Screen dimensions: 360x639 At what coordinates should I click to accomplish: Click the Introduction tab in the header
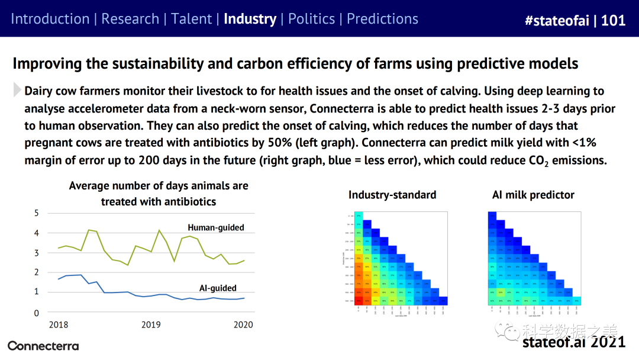[50, 19]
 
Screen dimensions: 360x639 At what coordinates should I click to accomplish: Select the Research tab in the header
[130, 19]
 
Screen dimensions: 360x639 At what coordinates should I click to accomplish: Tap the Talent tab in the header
[191, 19]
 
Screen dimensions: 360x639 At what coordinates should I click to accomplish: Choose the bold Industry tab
[250, 19]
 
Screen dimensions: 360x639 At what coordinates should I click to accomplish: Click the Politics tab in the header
[311, 19]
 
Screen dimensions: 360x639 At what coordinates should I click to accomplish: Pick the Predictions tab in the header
[382, 19]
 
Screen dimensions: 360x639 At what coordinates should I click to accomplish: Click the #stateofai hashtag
[558, 20]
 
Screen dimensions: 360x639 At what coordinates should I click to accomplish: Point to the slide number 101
[613, 20]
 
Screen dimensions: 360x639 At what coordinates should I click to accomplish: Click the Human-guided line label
[216, 227]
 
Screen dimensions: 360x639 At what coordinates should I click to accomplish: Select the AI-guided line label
[218, 288]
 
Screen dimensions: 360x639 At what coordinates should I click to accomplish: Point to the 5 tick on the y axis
[36, 213]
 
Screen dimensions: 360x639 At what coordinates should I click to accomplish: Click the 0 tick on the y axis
[36, 313]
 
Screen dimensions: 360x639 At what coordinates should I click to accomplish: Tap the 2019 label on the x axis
[151, 324]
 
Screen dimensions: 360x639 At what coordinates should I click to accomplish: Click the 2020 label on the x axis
[243, 324]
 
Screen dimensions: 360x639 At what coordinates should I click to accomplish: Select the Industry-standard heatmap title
[392, 195]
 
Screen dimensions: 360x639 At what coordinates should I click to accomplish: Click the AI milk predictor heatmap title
[533, 195]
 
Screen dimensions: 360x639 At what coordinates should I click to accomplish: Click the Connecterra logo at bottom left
[43, 346]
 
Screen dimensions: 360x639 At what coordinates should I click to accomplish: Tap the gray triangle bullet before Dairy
[17, 91]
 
